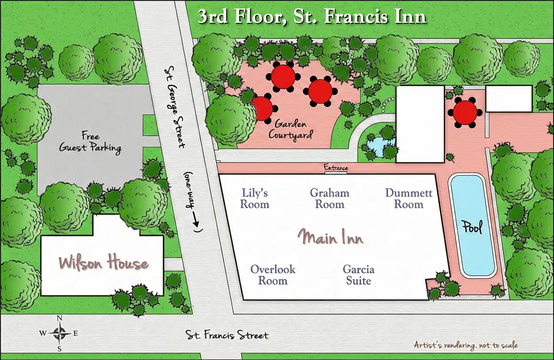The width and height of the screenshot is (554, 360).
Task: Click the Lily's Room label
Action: coord(255,198)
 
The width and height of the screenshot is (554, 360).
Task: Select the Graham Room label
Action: coord(329,198)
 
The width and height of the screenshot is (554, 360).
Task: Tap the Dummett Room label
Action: coord(409,198)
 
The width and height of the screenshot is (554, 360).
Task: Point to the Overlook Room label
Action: coord(273,275)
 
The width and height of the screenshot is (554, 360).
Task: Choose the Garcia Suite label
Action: coord(359,275)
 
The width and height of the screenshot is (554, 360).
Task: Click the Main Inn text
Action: coord(330,237)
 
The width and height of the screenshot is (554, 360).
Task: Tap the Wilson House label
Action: coord(104,263)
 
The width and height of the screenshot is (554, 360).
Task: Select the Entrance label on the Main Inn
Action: coord(336,168)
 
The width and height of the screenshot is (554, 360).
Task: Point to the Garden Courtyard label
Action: coord(291,129)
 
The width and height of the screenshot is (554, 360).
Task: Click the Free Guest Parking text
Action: coord(90,142)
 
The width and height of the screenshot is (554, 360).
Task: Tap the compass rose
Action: coord(59,333)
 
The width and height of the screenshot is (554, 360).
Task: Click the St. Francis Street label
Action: coord(226,335)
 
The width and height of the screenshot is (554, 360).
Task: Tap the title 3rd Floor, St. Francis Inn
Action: coord(312,16)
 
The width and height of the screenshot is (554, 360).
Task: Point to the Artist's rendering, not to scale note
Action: coord(465,345)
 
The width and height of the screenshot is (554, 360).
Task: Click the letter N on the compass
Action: coord(59,318)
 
